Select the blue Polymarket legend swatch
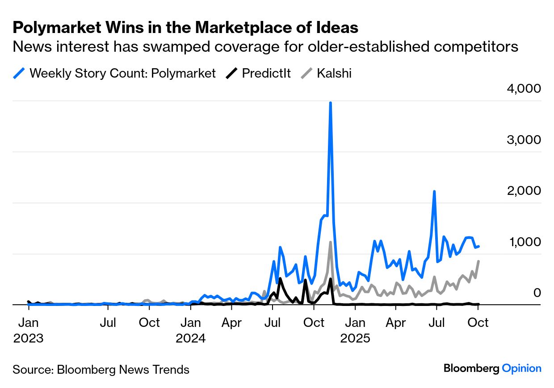click(19, 73)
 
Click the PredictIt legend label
click(266, 73)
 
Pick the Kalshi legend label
click(334, 73)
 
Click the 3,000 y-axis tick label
click(524, 140)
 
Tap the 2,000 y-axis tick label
click(524, 191)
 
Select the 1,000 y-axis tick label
click(524, 242)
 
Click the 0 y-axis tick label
click(537, 293)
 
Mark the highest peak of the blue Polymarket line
click(330, 103)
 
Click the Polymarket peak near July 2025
click(434, 192)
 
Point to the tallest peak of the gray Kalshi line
click(330, 243)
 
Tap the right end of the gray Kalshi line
click(478, 261)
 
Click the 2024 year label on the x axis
click(191, 338)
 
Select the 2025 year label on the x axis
click(355, 338)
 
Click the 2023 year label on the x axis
click(28, 338)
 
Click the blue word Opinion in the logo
click(521, 368)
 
